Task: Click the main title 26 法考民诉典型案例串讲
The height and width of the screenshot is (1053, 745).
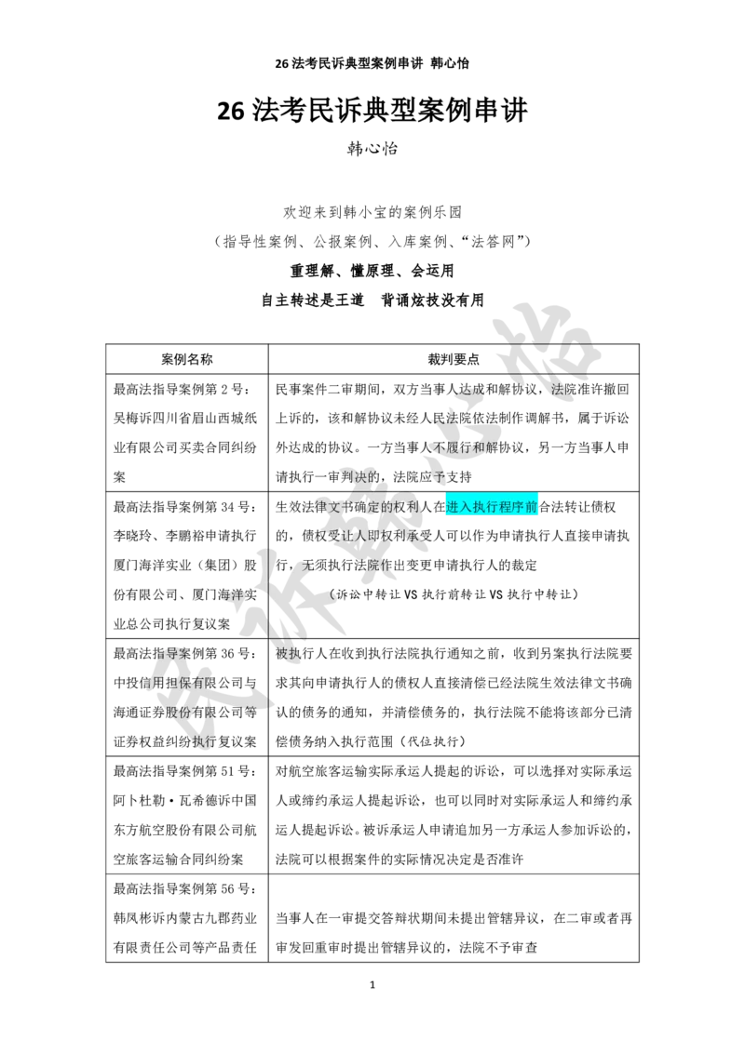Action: (x=372, y=111)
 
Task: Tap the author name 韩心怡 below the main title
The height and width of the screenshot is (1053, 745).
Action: (x=372, y=149)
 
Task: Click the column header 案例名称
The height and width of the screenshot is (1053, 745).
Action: (x=187, y=359)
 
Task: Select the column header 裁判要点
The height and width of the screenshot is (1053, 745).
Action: (x=454, y=359)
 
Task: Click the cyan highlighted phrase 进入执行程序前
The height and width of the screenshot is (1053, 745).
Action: (x=492, y=506)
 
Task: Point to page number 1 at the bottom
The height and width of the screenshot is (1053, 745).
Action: (x=372, y=985)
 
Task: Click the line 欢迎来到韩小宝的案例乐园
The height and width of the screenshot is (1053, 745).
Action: (x=372, y=212)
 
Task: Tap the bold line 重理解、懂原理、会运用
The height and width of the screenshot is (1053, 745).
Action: (x=372, y=271)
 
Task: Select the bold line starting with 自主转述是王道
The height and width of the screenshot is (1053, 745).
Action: (x=372, y=300)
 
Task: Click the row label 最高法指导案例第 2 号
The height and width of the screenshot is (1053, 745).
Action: (x=182, y=389)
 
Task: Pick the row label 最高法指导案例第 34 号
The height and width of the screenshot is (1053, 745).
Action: (x=185, y=506)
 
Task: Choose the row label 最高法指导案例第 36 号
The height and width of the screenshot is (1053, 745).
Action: (x=185, y=653)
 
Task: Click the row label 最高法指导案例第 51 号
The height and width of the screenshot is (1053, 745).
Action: (x=185, y=771)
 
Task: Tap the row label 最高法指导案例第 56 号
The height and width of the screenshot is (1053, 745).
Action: (x=185, y=888)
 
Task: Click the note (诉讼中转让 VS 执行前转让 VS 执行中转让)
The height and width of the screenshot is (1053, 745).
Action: (x=454, y=594)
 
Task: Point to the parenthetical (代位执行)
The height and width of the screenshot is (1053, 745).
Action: (x=432, y=741)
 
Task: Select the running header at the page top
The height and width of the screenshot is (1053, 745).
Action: (x=372, y=64)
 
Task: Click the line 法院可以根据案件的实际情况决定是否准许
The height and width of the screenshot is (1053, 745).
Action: (x=400, y=859)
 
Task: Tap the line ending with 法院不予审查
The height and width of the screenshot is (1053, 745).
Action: (x=407, y=948)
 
